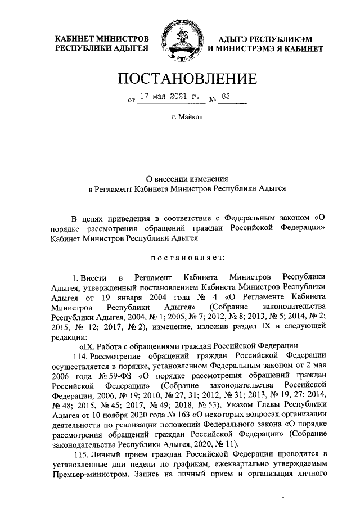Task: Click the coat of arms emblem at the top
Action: point(180,42)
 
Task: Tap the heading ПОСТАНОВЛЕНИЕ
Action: point(180,79)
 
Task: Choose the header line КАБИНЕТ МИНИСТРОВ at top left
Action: point(101,38)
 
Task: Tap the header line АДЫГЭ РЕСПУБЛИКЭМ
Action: point(259,38)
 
